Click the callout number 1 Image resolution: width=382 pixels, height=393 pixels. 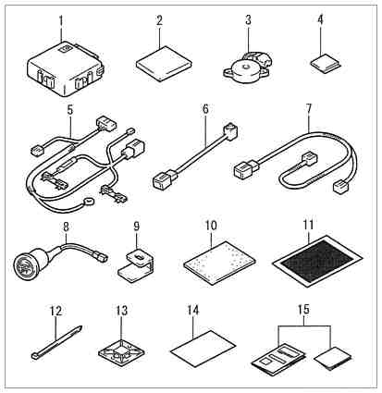[x=61, y=20]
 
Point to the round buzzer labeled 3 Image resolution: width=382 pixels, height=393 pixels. [x=246, y=68]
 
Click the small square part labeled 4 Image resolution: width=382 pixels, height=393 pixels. [x=326, y=63]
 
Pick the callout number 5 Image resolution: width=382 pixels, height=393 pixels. [x=70, y=110]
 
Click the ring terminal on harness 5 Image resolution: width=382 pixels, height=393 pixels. [x=89, y=202]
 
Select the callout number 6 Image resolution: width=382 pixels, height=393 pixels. [x=205, y=109]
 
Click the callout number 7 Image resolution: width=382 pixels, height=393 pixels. [x=309, y=108]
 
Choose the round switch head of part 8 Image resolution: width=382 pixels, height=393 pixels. [x=29, y=262]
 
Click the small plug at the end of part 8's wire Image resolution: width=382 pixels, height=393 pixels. [x=101, y=257]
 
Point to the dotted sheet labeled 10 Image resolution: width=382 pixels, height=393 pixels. [x=219, y=263]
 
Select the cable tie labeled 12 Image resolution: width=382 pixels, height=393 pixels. [x=57, y=342]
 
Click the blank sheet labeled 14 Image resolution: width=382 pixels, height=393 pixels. [x=203, y=349]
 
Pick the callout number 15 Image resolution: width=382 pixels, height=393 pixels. [x=303, y=311]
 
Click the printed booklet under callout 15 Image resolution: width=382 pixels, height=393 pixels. [x=279, y=360]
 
